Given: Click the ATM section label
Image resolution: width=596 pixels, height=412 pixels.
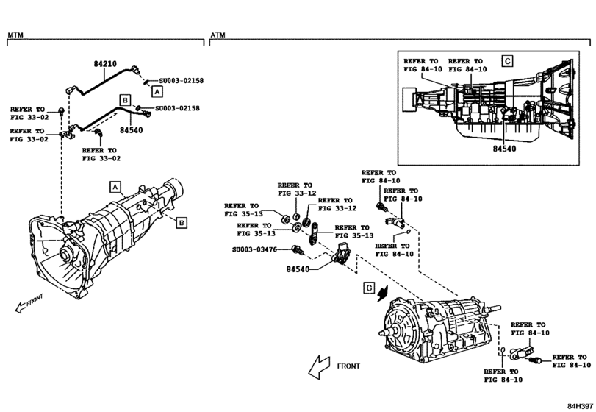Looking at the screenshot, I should coord(218,35).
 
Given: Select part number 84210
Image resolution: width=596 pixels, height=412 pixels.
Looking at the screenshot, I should coord(105,64).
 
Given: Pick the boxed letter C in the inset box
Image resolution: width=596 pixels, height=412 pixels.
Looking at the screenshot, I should coord(507,60).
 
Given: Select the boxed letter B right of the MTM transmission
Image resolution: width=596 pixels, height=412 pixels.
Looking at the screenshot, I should coord(182,221).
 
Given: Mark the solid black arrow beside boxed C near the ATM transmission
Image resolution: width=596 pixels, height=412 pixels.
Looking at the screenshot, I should coord(383,292).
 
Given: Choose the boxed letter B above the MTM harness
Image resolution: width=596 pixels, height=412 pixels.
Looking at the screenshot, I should coord(125,99).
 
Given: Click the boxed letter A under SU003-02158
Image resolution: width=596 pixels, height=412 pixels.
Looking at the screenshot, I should coord(156,91).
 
